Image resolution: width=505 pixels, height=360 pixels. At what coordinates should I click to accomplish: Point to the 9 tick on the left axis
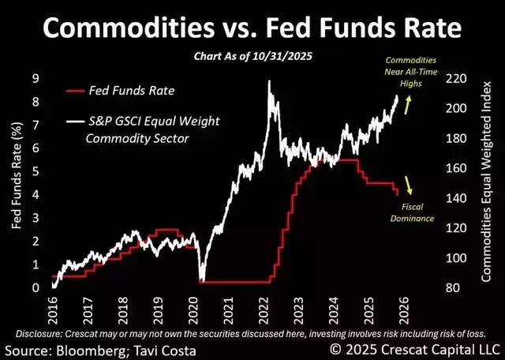[x=36, y=77]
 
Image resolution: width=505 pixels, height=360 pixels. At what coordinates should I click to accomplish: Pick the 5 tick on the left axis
[x=36, y=171]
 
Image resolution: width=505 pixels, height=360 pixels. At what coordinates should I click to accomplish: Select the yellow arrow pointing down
[x=409, y=185]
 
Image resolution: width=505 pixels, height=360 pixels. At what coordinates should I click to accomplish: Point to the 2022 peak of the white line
[x=270, y=81]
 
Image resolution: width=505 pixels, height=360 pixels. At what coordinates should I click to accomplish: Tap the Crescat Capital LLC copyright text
[x=415, y=348]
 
